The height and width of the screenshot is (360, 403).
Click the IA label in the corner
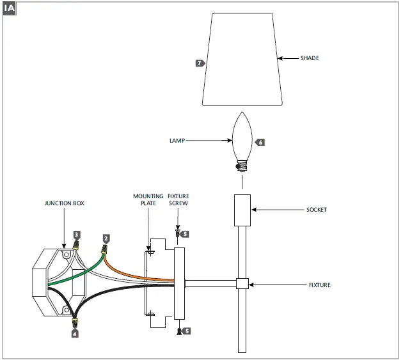(x=11, y=9)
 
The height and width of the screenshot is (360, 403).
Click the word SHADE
(x=310, y=58)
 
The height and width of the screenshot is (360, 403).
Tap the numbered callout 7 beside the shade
(x=200, y=63)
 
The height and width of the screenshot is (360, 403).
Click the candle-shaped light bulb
(x=241, y=137)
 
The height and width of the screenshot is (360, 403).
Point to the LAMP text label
(x=178, y=141)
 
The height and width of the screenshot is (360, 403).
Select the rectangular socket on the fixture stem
(x=241, y=210)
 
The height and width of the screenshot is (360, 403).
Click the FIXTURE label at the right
(x=319, y=285)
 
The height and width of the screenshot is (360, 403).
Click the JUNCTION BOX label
(x=64, y=203)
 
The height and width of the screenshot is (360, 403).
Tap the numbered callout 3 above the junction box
(x=77, y=235)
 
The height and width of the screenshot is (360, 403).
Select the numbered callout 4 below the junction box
(x=75, y=333)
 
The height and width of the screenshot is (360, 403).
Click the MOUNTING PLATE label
(x=145, y=200)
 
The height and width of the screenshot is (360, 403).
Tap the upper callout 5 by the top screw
(x=186, y=234)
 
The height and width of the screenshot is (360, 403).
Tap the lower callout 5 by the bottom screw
(x=187, y=331)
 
